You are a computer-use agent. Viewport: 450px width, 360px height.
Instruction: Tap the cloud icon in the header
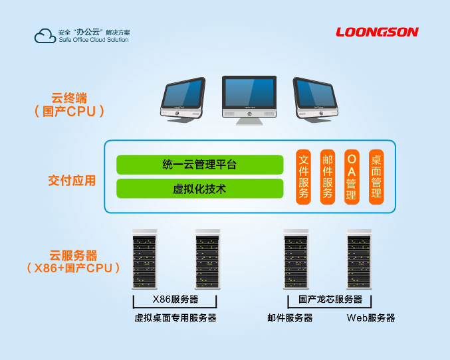pyautogui.click(x=45, y=35)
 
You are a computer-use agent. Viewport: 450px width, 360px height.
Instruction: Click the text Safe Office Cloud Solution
pyautogui.click(x=93, y=40)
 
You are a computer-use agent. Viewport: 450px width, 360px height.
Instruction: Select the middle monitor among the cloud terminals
pyautogui.click(x=248, y=99)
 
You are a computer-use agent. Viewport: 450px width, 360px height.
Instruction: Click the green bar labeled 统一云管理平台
pyautogui.click(x=199, y=164)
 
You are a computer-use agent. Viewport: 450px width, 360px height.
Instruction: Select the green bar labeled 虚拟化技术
pyautogui.click(x=199, y=189)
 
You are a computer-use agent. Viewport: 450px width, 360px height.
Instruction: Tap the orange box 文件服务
pyautogui.click(x=304, y=177)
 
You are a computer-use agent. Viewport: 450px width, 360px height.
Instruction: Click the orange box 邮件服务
pyautogui.click(x=327, y=177)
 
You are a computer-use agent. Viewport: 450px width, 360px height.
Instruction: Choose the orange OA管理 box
pyautogui.click(x=352, y=177)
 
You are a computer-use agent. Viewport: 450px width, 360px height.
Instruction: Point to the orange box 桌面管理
pyautogui.click(x=376, y=177)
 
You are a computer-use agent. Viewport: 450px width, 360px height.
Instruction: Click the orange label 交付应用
pyautogui.click(x=72, y=180)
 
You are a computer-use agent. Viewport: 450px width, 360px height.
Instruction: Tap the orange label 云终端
pyautogui.click(x=70, y=99)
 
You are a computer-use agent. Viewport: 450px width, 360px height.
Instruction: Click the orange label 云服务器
pyautogui.click(x=73, y=255)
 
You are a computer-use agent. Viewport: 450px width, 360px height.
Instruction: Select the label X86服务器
pyautogui.click(x=175, y=299)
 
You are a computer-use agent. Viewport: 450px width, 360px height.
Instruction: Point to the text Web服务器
pyautogui.click(x=370, y=318)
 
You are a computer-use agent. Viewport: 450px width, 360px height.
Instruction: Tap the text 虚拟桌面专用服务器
pyautogui.click(x=175, y=318)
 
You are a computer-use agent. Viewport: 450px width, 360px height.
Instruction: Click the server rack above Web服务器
pyautogui.click(x=359, y=260)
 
